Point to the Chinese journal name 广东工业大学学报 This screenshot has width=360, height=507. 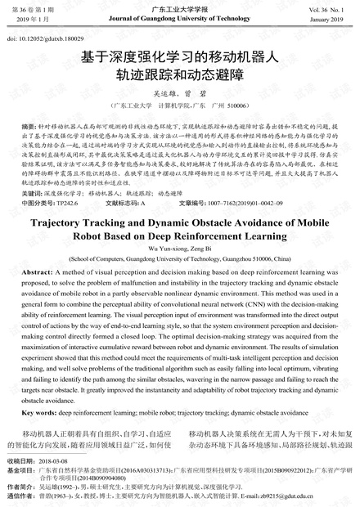tap(180, 7)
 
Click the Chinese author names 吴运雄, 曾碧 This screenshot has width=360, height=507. tap(179, 94)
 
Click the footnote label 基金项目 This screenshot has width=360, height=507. tap(20, 471)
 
